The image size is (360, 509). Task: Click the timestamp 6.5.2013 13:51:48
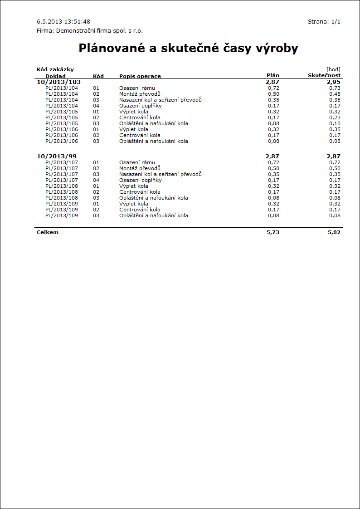[x=63, y=21]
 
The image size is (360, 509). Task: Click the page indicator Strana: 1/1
[x=324, y=21]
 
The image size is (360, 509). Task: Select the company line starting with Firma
[x=89, y=31]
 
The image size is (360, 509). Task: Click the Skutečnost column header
[x=324, y=75]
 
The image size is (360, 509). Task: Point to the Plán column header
[x=272, y=75]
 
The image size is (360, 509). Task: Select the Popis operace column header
[x=140, y=76]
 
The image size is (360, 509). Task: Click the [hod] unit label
[x=333, y=69]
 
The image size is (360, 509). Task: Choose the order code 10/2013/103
[x=58, y=82]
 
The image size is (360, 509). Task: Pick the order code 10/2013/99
[x=56, y=156]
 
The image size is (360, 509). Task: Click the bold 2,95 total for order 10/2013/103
[x=333, y=82]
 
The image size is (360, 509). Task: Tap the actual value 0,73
[x=335, y=88]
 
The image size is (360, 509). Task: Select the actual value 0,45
[x=335, y=94]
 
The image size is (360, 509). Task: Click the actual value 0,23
[x=335, y=117]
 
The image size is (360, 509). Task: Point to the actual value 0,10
[x=335, y=123]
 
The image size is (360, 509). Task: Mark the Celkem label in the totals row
[x=48, y=232]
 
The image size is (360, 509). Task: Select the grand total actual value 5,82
[x=334, y=232]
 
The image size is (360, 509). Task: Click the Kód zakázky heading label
[x=55, y=69]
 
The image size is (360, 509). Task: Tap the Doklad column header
[x=55, y=76]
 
